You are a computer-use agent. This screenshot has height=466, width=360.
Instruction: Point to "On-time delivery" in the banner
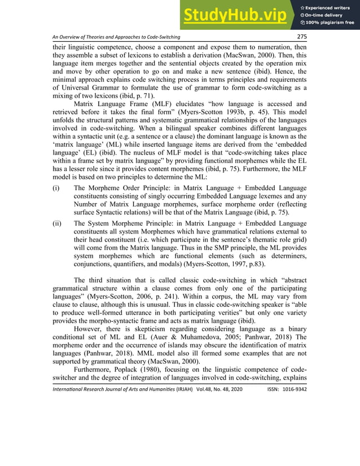point(326,15)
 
